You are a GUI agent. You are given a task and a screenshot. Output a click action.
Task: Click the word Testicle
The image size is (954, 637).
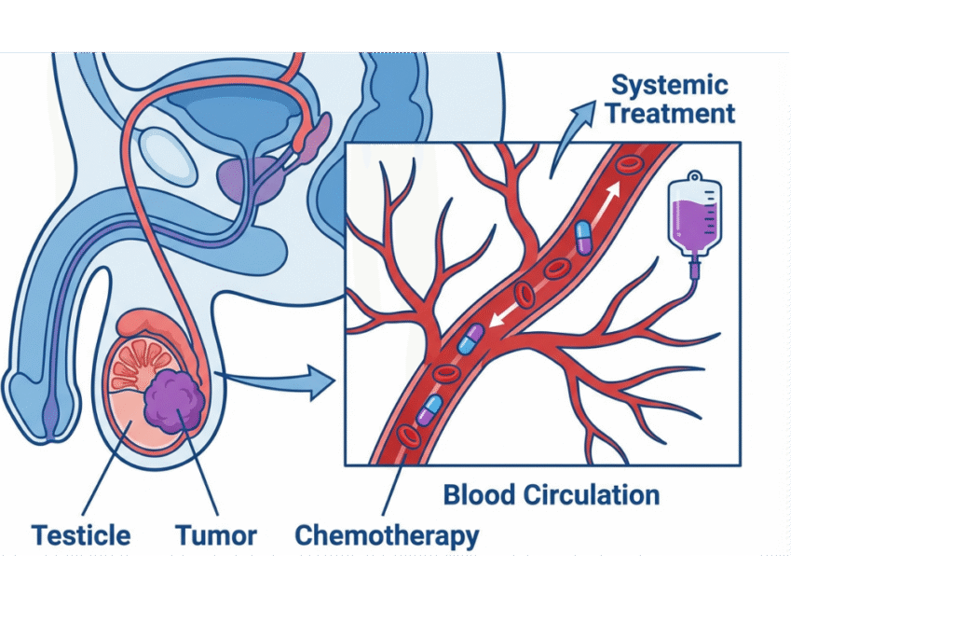pyautogui.click(x=81, y=535)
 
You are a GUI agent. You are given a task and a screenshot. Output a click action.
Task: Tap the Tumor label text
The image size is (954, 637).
pyautogui.click(x=215, y=535)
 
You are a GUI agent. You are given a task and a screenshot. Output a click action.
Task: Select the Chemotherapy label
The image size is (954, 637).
pyautogui.click(x=387, y=535)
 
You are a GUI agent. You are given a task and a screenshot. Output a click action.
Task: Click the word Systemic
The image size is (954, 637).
pyautogui.click(x=668, y=86)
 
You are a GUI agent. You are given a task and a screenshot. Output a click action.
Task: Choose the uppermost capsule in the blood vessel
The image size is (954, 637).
pyautogui.click(x=583, y=237)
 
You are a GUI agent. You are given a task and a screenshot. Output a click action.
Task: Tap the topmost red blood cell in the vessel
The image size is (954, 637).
pyautogui.click(x=631, y=167)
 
